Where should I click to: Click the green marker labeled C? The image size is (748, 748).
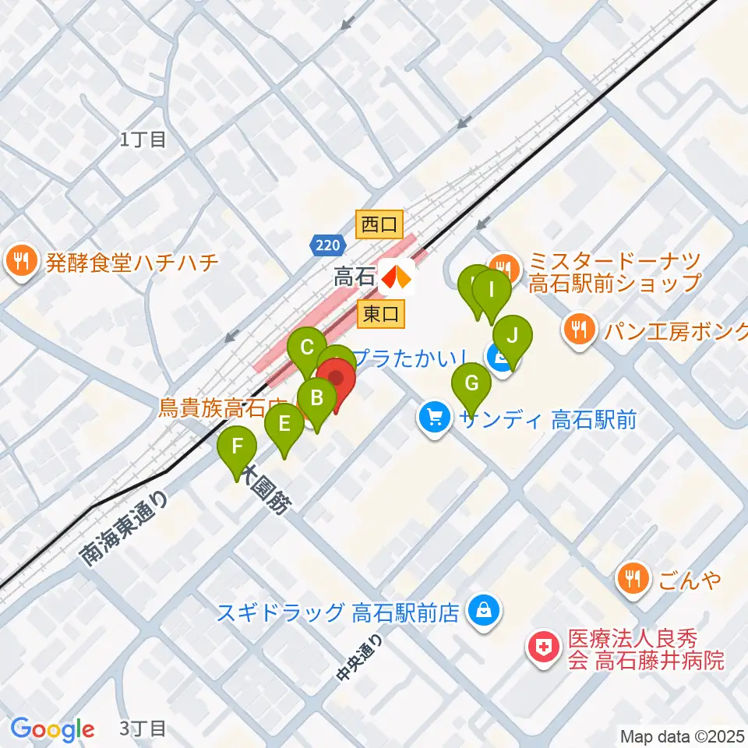pos(307,348)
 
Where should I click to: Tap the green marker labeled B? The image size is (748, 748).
pos(317,398)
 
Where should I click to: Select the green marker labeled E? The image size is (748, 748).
pos(284,425)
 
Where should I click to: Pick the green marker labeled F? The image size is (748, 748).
pos(238,449)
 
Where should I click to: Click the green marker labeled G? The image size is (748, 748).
pos(471,384)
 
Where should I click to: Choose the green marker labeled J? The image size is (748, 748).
pos(512,336)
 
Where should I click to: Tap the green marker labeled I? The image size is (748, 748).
pos(492,291)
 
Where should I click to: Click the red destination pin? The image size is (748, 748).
pos(337,379)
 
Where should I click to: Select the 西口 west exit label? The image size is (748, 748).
pos(379,225)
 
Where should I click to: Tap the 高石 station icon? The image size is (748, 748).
pos(397,276)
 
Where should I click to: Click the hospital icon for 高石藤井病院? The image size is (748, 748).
pos(539,647)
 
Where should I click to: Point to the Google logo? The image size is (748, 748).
pos(53,729)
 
